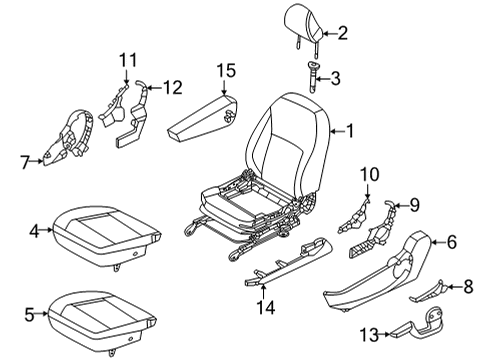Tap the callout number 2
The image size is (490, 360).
click(342, 34)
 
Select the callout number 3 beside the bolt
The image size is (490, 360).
click(335, 77)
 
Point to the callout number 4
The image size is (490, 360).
click(34, 231)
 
